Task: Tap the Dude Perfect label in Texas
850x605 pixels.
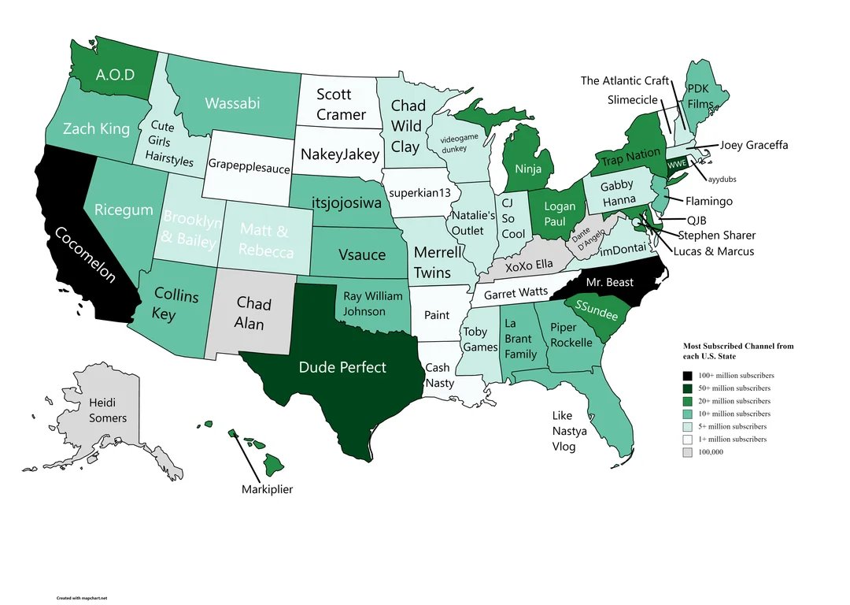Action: [x=342, y=367]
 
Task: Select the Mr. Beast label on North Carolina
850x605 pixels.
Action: [x=609, y=282]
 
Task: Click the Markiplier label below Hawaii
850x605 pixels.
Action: [x=267, y=489]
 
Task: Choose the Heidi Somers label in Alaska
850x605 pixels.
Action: [x=108, y=410]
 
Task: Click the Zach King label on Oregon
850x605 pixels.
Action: [x=96, y=128]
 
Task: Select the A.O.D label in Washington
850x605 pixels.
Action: [x=115, y=75]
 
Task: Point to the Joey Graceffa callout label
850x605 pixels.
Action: [x=753, y=145]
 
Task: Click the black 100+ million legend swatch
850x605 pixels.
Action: [x=688, y=375]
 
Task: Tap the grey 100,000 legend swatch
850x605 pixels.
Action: [x=688, y=451]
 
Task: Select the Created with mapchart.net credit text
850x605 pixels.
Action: [x=81, y=598]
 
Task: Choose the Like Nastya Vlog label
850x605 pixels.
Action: [x=564, y=430]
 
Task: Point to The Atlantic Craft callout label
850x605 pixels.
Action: [x=624, y=80]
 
